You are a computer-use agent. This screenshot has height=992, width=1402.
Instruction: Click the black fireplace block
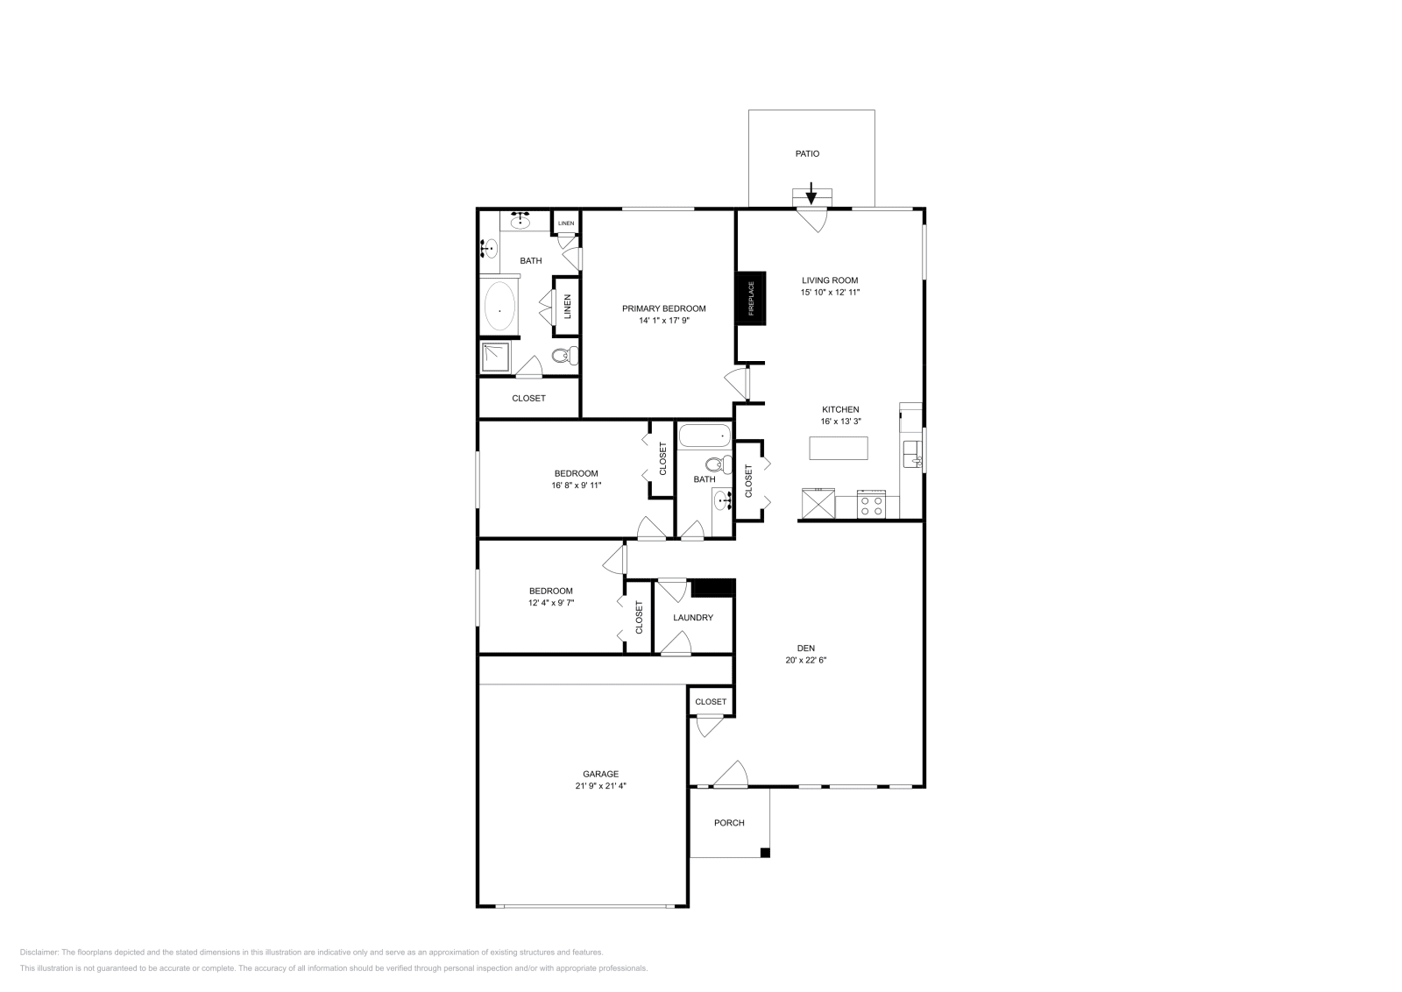tap(751, 298)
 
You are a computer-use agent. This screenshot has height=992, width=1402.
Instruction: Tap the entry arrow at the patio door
tap(811, 193)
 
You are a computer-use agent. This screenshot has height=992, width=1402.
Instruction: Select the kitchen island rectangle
tap(839, 448)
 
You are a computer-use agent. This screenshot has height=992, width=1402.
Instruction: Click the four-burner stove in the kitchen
tap(873, 506)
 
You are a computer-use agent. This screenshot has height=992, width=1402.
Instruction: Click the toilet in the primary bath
tap(564, 356)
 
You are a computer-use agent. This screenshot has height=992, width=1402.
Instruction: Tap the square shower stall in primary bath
tap(496, 358)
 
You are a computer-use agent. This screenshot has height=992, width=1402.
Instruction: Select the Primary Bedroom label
tap(663, 308)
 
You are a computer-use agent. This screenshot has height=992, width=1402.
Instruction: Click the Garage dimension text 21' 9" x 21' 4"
tap(600, 786)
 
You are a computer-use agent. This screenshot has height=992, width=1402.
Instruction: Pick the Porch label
tap(729, 823)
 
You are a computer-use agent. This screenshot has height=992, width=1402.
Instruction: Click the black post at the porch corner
tap(765, 853)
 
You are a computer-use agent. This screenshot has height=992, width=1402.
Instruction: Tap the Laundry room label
tap(693, 618)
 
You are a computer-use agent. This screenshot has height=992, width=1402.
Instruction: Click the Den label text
tap(806, 648)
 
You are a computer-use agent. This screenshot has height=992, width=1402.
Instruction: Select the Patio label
tap(807, 153)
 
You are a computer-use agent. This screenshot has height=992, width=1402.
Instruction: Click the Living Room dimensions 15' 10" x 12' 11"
tap(830, 293)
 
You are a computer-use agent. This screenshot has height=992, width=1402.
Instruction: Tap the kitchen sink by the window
tap(911, 452)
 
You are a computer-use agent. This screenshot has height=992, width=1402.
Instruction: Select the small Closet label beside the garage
tap(711, 702)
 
